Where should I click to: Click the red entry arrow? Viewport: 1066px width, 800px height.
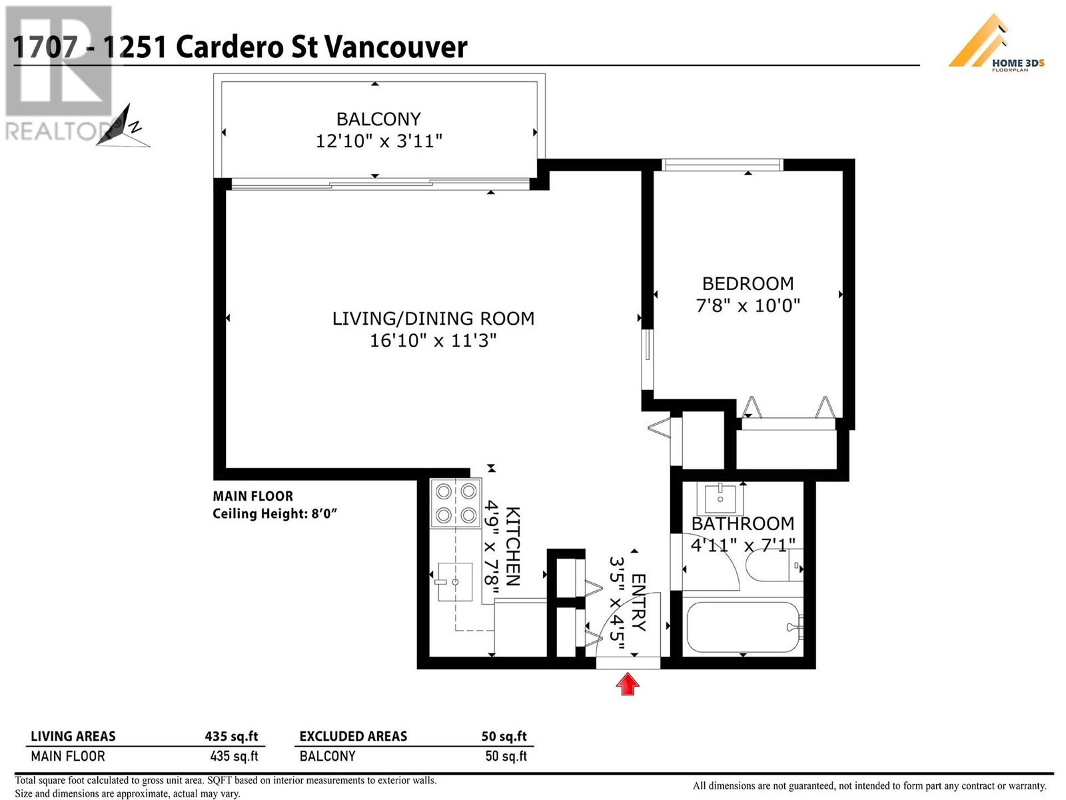pyautogui.click(x=628, y=683)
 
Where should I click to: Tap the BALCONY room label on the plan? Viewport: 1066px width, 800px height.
pyautogui.click(x=379, y=119)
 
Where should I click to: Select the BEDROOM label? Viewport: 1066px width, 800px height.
pyautogui.click(x=748, y=283)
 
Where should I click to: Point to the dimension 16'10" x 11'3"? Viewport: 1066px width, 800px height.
pyautogui.click(x=433, y=341)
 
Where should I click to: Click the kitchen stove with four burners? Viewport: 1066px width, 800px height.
pyautogui.click(x=456, y=503)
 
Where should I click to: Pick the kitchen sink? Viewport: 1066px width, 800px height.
pyautogui.click(x=455, y=581)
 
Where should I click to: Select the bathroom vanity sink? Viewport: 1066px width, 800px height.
pyautogui.click(x=720, y=499)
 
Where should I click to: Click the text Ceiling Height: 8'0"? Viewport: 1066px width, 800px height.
pyautogui.click(x=275, y=513)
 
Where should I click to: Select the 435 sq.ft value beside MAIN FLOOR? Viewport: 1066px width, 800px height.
pyautogui.click(x=234, y=756)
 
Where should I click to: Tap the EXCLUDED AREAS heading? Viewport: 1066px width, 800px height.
pyautogui.click(x=353, y=737)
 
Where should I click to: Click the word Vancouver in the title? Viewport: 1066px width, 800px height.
pyautogui.click(x=396, y=47)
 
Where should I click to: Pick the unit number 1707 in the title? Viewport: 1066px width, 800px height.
pyautogui.click(x=45, y=47)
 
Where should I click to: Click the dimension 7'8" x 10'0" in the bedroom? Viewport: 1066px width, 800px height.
pyautogui.click(x=748, y=305)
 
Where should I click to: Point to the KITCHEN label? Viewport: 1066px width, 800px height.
pyautogui.click(x=513, y=547)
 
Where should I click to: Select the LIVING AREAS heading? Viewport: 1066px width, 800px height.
pyautogui.click(x=73, y=737)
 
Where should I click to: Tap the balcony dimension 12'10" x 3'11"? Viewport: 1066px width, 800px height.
pyautogui.click(x=379, y=141)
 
